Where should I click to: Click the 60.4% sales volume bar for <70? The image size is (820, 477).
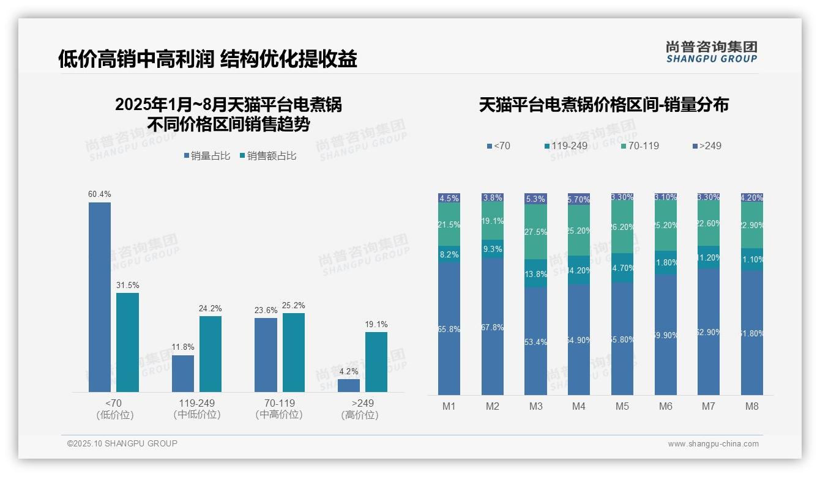(x=100, y=297)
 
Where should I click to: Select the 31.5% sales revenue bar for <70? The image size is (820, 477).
(x=127, y=342)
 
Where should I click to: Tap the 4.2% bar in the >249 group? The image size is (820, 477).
(x=348, y=385)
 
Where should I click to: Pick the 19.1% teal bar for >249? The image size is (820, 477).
(x=376, y=362)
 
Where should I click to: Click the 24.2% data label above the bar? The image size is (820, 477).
(x=210, y=309)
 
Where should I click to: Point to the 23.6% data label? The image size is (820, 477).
(x=266, y=311)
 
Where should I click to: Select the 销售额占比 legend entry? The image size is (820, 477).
(x=271, y=156)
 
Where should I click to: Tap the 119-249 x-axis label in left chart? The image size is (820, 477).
(x=196, y=404)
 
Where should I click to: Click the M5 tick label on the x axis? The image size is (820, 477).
(x=622, y=406)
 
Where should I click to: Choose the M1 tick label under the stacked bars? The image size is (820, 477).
(x=449, y=406)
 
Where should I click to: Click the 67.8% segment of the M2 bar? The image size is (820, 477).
(x=492, y=327)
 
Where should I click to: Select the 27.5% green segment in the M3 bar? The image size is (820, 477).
(x=535, y=232)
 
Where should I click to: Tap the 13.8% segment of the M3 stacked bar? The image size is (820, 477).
(x=535, y=274)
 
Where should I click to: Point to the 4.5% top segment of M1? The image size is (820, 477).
(x=449, y=198)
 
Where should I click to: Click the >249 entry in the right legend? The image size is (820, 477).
(x=710, y=146)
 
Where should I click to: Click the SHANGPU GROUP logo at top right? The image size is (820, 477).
(x=711, y=51)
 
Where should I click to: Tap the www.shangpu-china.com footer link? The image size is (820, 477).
(x=713, y=444)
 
